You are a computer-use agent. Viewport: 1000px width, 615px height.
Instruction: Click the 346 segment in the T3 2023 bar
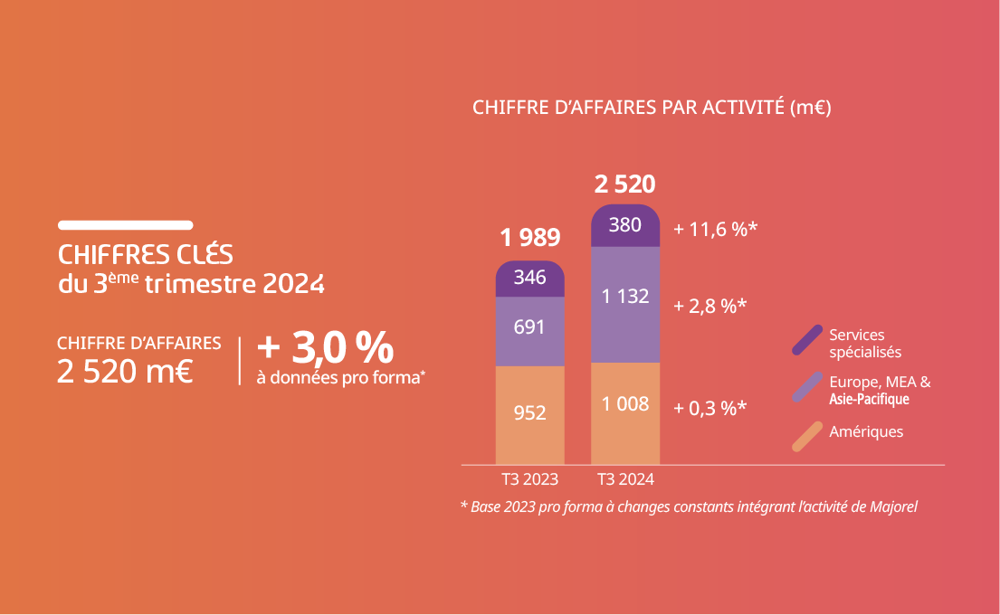tap(529, 279)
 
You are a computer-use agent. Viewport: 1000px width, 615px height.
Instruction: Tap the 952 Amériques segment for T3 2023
tap(529, 413)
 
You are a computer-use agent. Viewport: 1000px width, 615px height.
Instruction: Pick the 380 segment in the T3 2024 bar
tap(625, 225)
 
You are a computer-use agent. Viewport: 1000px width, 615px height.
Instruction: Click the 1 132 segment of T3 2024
tap(625, 297)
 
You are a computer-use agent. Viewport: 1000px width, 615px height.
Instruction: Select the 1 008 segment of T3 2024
tap(625, 404)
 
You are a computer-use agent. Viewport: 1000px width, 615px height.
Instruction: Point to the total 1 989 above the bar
tap(530, 239)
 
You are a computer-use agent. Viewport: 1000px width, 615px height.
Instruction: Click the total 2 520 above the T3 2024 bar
tap(625, 185)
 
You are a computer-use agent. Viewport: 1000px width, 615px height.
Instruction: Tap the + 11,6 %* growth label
tap(715, 230)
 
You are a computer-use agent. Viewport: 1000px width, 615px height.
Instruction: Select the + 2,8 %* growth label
tap(710, 306)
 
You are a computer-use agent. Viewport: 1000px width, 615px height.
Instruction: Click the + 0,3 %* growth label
tap(710, 408)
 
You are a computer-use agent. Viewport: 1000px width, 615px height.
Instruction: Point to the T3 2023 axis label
tap(530, 479)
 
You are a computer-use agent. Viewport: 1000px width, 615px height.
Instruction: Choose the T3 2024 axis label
tap(625, 479)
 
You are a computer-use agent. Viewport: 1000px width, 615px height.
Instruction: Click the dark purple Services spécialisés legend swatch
tap(806, 340)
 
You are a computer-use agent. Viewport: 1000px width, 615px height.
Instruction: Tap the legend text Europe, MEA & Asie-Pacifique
tap(879, 390)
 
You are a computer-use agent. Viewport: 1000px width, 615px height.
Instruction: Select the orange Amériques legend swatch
tap(806, 436)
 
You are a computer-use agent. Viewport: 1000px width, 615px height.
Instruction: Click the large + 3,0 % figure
tap(326, 347)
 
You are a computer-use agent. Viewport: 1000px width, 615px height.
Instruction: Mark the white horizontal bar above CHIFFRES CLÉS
tap(125, 224)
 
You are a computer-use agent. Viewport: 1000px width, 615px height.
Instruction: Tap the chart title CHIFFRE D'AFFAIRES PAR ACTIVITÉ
tap(651, 108)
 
